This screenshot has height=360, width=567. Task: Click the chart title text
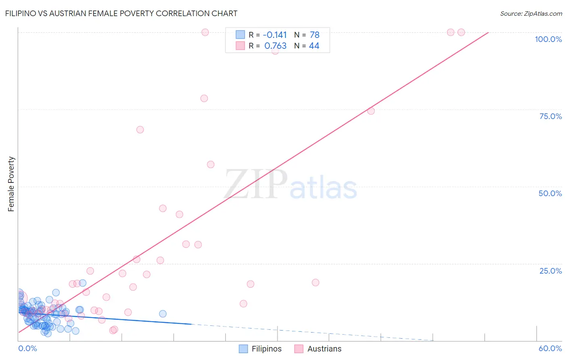[x=121, y=13]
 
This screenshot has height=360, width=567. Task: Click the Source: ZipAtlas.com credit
[x=531, y=13]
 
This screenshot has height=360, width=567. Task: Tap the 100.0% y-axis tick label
[x=548, y=39]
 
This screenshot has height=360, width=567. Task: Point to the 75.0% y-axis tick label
[x=550, y=116]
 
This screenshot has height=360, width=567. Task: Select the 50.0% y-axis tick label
[x=550, y=193]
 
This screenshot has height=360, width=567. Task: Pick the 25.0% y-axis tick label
[x=550, y=271]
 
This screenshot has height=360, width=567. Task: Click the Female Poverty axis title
[x=11, y=184]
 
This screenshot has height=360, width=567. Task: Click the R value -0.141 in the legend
[x=275, y=35]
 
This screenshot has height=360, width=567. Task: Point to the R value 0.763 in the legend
[x=275, y=46]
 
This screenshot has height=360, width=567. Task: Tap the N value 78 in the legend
[x=315, y=35]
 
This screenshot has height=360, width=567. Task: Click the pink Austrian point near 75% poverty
[x=371, y=111]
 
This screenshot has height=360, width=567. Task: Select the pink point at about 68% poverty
[x=140, y=130]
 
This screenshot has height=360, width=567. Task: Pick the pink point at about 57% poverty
[x=211, y=164]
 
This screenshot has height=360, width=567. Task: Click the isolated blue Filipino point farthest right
[x=163, y=314]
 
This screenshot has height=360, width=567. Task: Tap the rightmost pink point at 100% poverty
[x=461, y=32]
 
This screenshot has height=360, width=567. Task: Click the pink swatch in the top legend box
[x=240, y=46]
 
